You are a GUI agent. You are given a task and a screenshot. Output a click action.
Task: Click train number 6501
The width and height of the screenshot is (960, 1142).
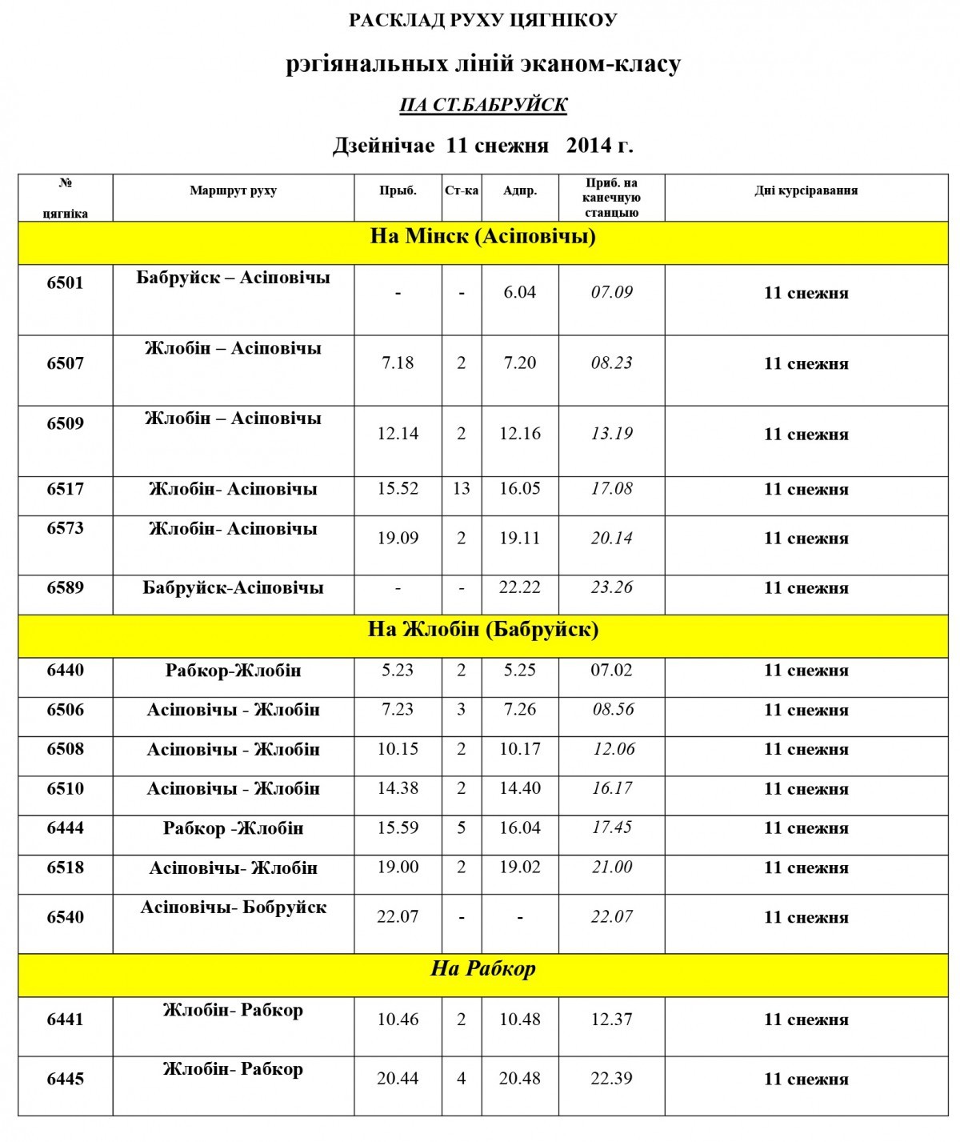tap(65, 283)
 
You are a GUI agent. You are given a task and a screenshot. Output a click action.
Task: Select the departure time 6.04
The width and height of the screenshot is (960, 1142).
tap(519, 293)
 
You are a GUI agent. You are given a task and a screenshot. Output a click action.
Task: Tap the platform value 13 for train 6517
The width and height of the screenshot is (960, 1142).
tap(461, 489)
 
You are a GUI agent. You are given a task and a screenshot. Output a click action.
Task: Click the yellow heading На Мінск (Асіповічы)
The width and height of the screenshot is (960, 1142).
tap(482, 237)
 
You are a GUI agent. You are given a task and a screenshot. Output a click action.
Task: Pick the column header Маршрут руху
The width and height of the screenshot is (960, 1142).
tap(233, 191)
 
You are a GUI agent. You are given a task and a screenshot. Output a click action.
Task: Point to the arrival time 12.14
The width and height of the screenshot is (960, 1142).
tap(398, 434)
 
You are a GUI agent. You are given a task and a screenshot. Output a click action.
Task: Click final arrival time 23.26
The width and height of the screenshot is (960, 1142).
tap(611, 588)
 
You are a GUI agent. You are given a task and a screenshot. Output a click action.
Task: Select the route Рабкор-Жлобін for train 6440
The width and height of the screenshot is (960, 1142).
tap(233, 671)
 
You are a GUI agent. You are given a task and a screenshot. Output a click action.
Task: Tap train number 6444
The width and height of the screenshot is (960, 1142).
tap(65, 828)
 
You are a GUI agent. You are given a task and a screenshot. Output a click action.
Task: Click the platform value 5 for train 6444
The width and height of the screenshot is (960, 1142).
tap(461, 828)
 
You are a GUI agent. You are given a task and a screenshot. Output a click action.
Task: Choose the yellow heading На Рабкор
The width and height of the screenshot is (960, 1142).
tap(482, 969)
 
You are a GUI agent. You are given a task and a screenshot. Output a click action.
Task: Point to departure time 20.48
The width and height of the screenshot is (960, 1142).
tap(519, 1079)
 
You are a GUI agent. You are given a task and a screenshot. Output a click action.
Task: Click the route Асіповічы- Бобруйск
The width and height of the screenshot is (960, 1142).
tap(233, 908)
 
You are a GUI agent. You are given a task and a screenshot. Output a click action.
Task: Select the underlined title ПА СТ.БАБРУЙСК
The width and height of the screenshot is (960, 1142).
tap(482, 106)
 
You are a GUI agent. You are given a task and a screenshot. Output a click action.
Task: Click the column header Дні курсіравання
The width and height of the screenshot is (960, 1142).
tap(806, 191)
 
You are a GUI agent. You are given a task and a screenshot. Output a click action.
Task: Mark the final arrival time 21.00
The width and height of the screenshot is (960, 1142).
tap(611, 868)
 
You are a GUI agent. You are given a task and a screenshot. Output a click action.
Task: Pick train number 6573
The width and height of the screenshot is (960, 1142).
tap(65, 528)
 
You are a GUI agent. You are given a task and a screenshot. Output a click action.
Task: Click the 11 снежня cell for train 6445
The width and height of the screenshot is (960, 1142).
tap(806, 1080)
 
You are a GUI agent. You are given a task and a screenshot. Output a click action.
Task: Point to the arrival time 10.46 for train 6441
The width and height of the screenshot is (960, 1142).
tap(398, 1020)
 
